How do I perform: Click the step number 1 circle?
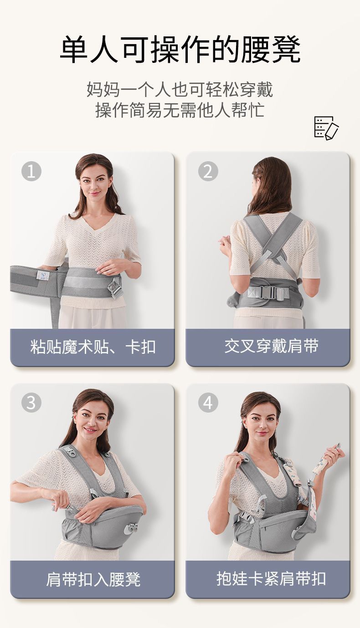point(31,171)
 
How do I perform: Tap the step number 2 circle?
point(208,171)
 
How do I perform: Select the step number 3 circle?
point(31,403)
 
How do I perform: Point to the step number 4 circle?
point(208,403)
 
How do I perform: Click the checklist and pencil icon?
point(326,128)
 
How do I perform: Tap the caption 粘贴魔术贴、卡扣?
point(93,347)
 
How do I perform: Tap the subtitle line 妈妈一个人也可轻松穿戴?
point(180,89)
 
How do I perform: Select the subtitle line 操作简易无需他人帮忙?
point(180,110)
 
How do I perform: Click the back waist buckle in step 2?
point(268,292)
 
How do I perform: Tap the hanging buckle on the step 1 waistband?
point(115,289)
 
